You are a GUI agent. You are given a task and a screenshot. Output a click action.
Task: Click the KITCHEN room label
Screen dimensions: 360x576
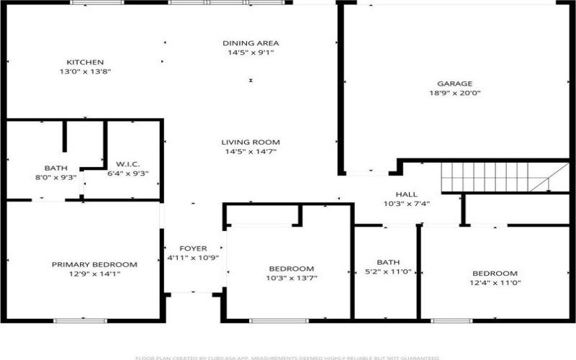(85, 62)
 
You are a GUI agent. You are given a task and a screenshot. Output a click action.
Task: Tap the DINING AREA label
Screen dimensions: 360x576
(250, 43)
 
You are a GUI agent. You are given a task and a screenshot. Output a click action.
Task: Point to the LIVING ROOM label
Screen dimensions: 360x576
(250, 143)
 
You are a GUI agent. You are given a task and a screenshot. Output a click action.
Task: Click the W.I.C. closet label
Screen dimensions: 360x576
(117, 163)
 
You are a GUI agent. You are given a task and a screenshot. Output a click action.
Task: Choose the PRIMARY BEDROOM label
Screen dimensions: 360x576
(94, 264)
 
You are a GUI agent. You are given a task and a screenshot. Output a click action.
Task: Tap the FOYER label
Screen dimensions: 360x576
(192, 248)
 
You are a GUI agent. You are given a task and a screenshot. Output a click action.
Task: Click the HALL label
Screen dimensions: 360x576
(407, 194)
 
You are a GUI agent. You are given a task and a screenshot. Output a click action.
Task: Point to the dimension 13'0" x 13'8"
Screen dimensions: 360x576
(85, 71)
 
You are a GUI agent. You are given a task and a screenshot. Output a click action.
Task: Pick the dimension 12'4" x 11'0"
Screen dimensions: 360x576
(495, 282)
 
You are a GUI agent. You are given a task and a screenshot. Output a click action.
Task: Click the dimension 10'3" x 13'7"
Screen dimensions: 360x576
(292, 278)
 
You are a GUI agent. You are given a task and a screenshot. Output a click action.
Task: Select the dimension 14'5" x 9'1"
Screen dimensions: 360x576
(250, 53)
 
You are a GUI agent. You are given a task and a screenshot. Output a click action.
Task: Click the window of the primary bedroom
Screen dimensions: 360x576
(84, 320)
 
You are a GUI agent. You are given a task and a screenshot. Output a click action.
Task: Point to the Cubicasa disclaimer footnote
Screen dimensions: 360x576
(287, 356)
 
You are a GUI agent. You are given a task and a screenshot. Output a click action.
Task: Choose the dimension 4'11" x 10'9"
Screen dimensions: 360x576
(192, 258)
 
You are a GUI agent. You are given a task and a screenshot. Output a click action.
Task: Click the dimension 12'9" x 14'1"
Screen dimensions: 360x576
(94, 274)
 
